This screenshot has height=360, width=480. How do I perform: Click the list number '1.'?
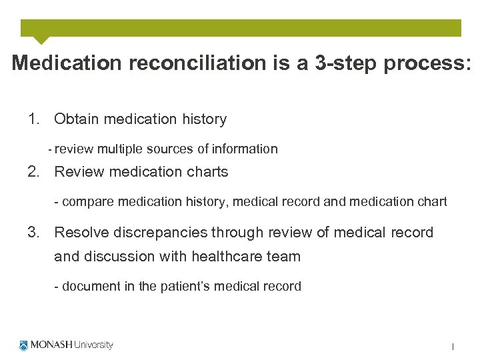(x=35, y=119)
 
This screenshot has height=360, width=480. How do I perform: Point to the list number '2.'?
(x=35, y=172)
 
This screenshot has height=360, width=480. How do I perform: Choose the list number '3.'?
(x=35, y=233)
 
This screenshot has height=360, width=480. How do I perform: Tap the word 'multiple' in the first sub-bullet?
(x=123, y=149)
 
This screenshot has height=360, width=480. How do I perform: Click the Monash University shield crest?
(x=25, y=345)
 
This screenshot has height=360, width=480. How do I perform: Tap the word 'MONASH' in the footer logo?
(x=51, y=345)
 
